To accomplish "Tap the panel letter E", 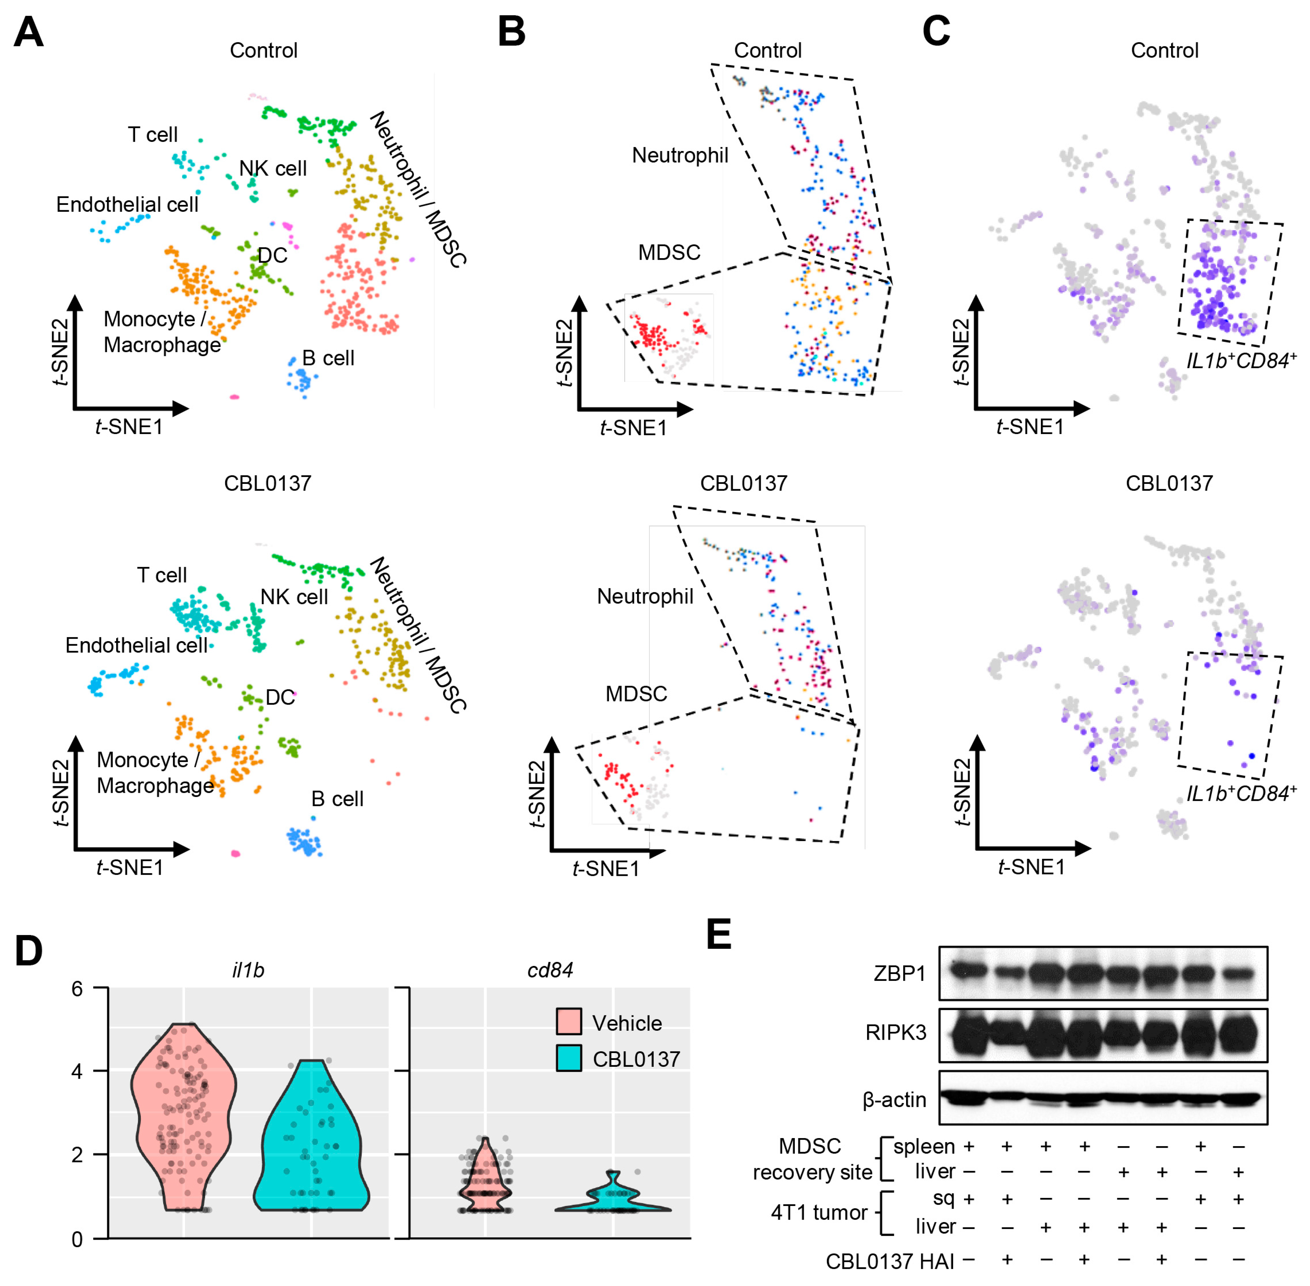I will (x=719, y=935).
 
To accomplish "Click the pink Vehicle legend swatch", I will (x=569, y=1023).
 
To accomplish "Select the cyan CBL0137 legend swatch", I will (x=569, y=1058).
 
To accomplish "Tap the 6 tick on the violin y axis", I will (x=77, y=989).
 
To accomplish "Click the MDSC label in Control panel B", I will (x=669, y=253).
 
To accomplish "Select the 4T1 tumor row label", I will (x=819, y=1213).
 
